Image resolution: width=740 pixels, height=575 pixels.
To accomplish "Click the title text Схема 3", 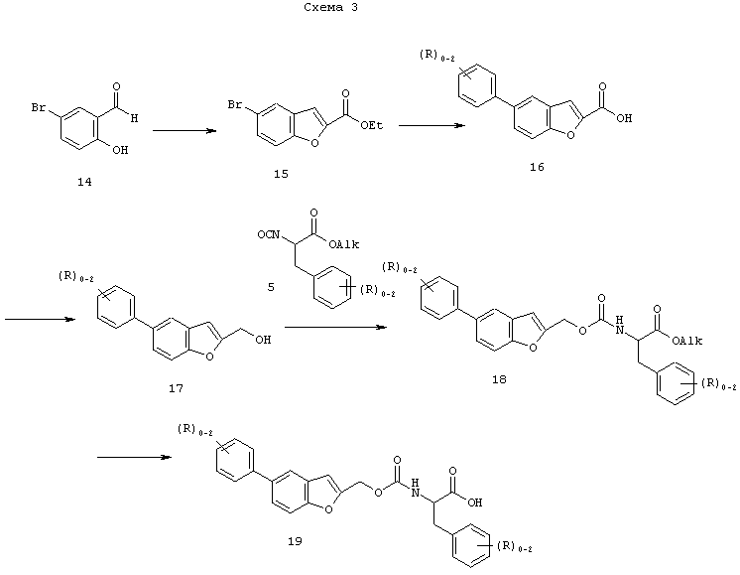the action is [330, 7].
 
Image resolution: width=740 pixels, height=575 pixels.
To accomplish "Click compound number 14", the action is [84, 182].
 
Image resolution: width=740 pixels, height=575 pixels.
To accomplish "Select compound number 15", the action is [281, 174].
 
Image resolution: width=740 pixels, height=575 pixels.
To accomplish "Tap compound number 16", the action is [537, 167].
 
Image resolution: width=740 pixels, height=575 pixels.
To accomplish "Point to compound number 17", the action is [176, 388].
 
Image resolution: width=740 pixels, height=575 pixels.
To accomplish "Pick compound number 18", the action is [499, 379].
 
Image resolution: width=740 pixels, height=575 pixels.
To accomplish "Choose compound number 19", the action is [295, 541].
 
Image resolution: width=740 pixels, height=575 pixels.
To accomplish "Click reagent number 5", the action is [271, 287].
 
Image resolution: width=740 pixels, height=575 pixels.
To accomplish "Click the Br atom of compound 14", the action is [39, 107].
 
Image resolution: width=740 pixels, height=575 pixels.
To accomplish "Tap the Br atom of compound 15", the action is [235, 104].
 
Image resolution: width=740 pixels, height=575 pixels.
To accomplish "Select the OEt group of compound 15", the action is [371, 125].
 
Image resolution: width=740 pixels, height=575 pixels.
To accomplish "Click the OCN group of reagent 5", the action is [269, 234].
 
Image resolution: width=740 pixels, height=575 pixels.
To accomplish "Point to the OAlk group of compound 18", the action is [687, 341].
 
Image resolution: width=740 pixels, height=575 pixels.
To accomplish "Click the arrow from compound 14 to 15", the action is [185, 131].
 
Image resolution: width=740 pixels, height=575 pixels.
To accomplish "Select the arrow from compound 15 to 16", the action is [432, 125].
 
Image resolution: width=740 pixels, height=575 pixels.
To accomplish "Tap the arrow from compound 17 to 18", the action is [335, 327].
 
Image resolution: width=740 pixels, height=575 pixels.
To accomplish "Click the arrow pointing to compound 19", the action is [134, 457].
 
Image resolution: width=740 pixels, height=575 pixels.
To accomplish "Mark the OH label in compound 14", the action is [120, 150].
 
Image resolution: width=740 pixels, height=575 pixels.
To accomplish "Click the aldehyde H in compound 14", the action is [135, 118].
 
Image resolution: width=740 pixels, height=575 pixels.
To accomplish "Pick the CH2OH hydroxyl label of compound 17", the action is [263, 340].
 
